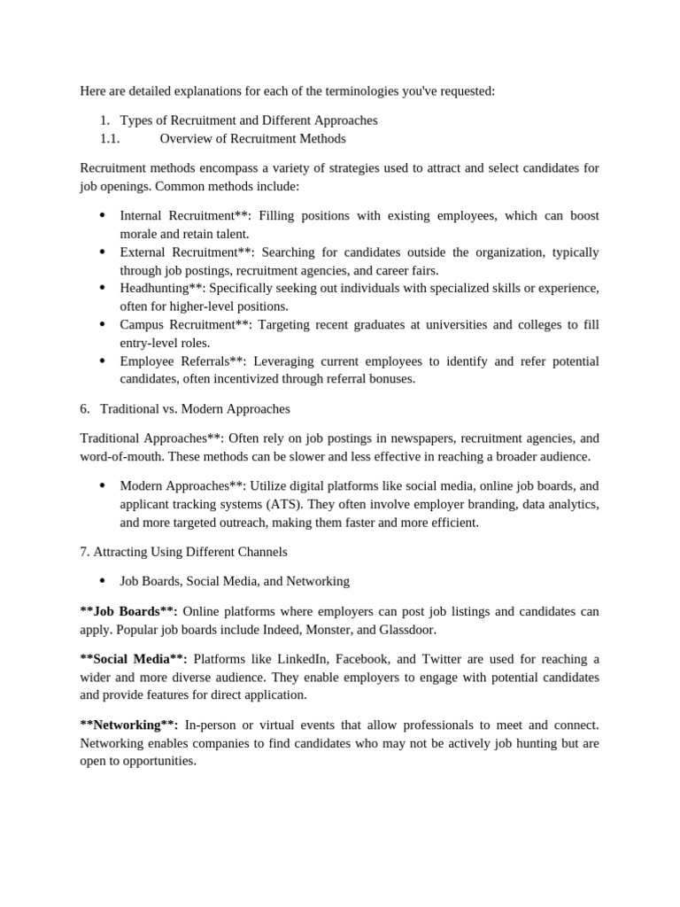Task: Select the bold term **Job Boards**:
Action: point(128,612)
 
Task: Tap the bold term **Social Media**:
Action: point(134,659)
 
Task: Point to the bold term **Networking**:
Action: point(130,725)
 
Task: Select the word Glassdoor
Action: point(405,630)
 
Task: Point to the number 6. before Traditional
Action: point(85,409)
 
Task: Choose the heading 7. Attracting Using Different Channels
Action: point(183,552)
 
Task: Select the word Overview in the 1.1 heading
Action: point(188,139)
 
